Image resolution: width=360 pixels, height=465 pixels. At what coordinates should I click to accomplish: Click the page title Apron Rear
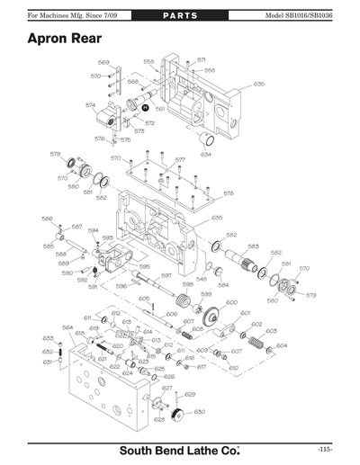click(x=63, y=39)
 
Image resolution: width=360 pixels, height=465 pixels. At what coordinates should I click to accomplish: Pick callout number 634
click(x=206, y=154)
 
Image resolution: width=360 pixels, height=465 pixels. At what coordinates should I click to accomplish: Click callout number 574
click(x=91, y=105)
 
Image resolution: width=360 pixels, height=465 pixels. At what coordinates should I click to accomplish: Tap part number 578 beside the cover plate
click(x=229, y=192)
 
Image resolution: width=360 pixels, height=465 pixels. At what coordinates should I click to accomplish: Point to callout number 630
click(x=199, y=411)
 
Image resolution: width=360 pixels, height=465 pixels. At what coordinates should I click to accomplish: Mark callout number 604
click(x=282, y=344)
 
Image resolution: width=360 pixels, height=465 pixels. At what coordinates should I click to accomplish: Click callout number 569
click(x=103, y=63)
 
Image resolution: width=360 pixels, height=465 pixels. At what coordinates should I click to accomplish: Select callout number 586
click(x=47, y=218)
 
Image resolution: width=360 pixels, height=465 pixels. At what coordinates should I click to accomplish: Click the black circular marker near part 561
click(x=144, y=105)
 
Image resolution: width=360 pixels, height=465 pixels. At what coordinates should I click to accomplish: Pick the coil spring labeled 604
click(x=257, y=344)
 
